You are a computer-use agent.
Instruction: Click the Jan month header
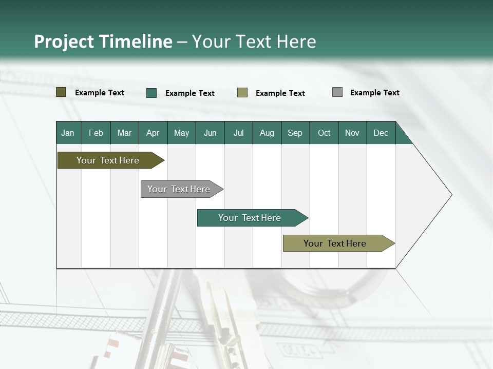[x=68, y=133]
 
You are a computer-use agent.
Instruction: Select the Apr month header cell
[x=153, y=133]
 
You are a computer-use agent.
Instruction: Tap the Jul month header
[x=238, y=133]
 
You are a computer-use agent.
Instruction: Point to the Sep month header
[x=295, y=133]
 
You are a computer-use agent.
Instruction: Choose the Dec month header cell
[x=381, y=133]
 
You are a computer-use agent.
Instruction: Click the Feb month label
[x=96, y=133]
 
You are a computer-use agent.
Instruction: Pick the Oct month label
[x=324, y=133]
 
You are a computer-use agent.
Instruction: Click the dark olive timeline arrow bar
[x=108, y=160]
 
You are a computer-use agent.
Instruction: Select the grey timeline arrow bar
[x=179, y=189]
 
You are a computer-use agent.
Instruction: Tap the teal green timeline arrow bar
[x=250, y=218]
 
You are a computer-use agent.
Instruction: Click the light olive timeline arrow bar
[x=335, y=243]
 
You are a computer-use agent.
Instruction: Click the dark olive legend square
[x=61, y=92]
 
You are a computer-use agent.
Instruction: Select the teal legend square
[x=151, y=93]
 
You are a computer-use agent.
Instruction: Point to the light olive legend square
[x=242, y=93]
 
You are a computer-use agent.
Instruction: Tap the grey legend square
[x=337, y=92]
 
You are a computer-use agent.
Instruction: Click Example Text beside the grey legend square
[x=374, y=93]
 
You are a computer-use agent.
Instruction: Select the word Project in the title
[x=64, y=42]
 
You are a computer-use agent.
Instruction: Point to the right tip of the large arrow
[x=451, y=195]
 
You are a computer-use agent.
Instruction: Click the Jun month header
[x=210, y=133]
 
